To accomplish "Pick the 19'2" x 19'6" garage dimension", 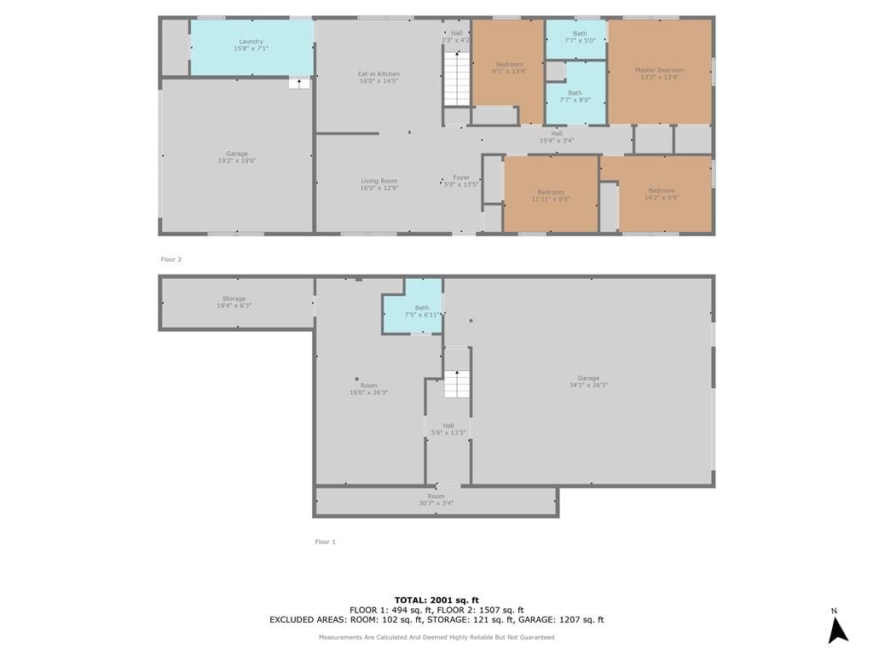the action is point(237,161).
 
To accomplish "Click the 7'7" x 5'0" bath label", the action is point(580,37).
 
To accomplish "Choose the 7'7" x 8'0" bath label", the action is point(575,97).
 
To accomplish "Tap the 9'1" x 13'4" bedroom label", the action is point(510,68).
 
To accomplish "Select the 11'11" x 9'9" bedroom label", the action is point(552,195).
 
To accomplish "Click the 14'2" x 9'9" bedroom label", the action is point(662,194).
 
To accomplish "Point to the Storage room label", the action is point(234,302).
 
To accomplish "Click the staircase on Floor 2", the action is point(457,78).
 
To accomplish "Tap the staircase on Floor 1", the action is point(457,384).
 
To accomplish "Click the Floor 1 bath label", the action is point(422,311).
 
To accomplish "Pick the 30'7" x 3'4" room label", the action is point(436,500).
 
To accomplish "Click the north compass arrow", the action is point(837,630).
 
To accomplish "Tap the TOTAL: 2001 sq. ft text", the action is point(436,600).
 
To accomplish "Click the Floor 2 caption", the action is point(171,259).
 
